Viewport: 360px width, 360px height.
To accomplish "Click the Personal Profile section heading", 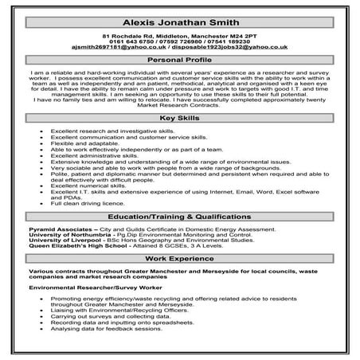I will tap(179, 60).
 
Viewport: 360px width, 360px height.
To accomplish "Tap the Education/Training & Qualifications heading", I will tap(179, 217).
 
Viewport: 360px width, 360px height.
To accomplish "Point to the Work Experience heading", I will tap(179, 260).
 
